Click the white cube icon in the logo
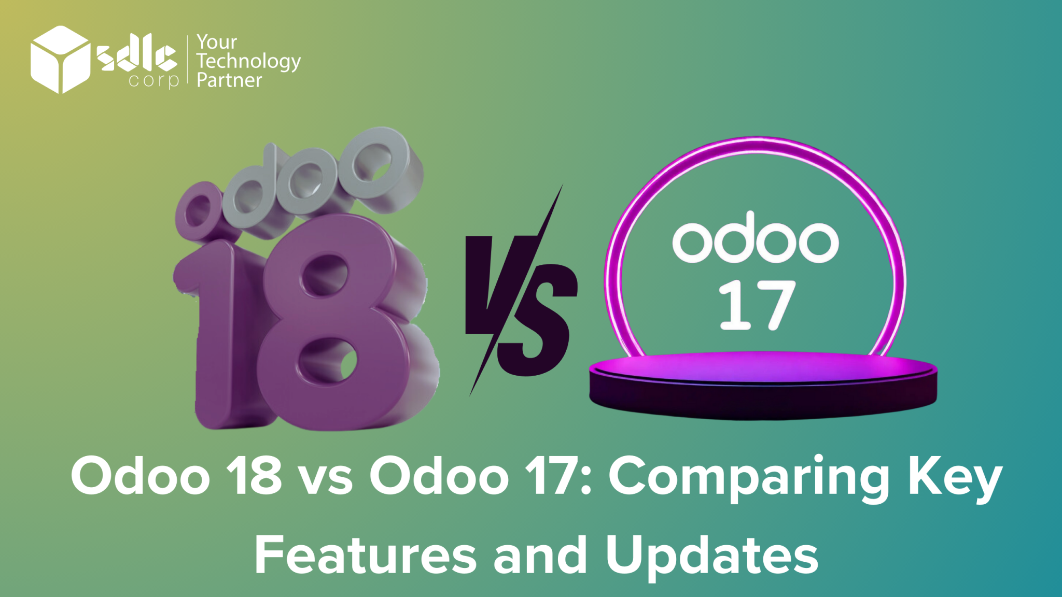click(60, 60)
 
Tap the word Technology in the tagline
click(248, 61)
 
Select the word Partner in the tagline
click(229, 80)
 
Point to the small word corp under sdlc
click(153, 80)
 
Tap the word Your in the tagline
click(217, 41)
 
